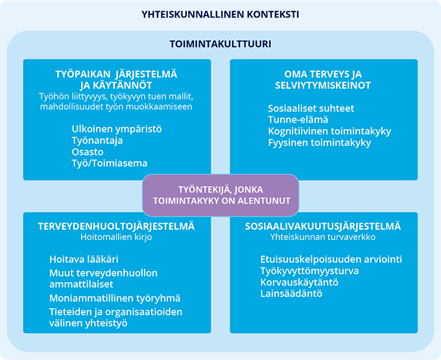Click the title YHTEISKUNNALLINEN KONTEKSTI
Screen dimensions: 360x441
click(220, 14)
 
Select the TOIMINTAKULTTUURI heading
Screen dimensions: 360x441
click(220, 45)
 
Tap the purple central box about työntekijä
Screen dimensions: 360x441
click(220, 195)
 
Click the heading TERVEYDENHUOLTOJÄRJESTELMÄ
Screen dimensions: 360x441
click(117, 226)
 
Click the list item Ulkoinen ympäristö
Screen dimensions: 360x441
click(117, 128)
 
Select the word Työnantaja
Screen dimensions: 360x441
click(97, 140)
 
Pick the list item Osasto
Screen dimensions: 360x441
click(88, 152)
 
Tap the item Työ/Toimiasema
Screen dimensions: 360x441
click(110, 163)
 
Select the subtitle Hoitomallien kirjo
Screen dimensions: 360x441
click(117, 237)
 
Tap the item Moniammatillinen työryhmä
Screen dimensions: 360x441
click(115, 298)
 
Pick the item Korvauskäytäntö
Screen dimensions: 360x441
click(299, 282)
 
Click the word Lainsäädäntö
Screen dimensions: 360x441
click(291, 294)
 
